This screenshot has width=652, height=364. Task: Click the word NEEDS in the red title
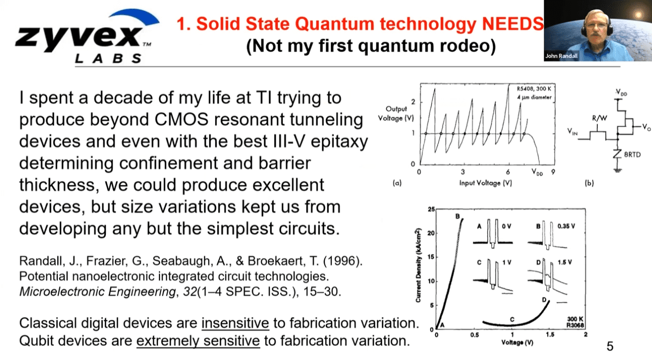[513, 24]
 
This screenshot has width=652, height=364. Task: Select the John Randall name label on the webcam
[561, 56]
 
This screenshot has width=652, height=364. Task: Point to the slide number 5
[610, 346]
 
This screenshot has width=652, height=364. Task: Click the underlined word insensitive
[235, 323]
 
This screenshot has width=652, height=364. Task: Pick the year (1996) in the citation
[342, 261]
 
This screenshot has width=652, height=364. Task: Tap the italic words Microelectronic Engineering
[98, 292]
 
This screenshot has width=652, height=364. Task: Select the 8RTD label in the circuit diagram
[632, 154]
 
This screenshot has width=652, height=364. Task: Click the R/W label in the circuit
[600, 118]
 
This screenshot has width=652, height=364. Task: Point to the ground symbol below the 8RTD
[617, 170]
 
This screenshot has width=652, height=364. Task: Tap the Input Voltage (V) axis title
[485, 183]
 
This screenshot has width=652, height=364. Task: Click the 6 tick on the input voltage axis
[507, 172]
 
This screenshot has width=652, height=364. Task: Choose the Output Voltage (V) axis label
[396, 114]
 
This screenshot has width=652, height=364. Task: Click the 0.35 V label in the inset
[566, 226]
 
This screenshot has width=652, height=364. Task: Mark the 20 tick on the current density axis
[431, 233]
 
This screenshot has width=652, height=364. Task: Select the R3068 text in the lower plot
[575, 325]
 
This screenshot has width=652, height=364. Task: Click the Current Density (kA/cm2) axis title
[418, 265]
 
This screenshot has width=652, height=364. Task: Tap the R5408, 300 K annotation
[534, 88]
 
